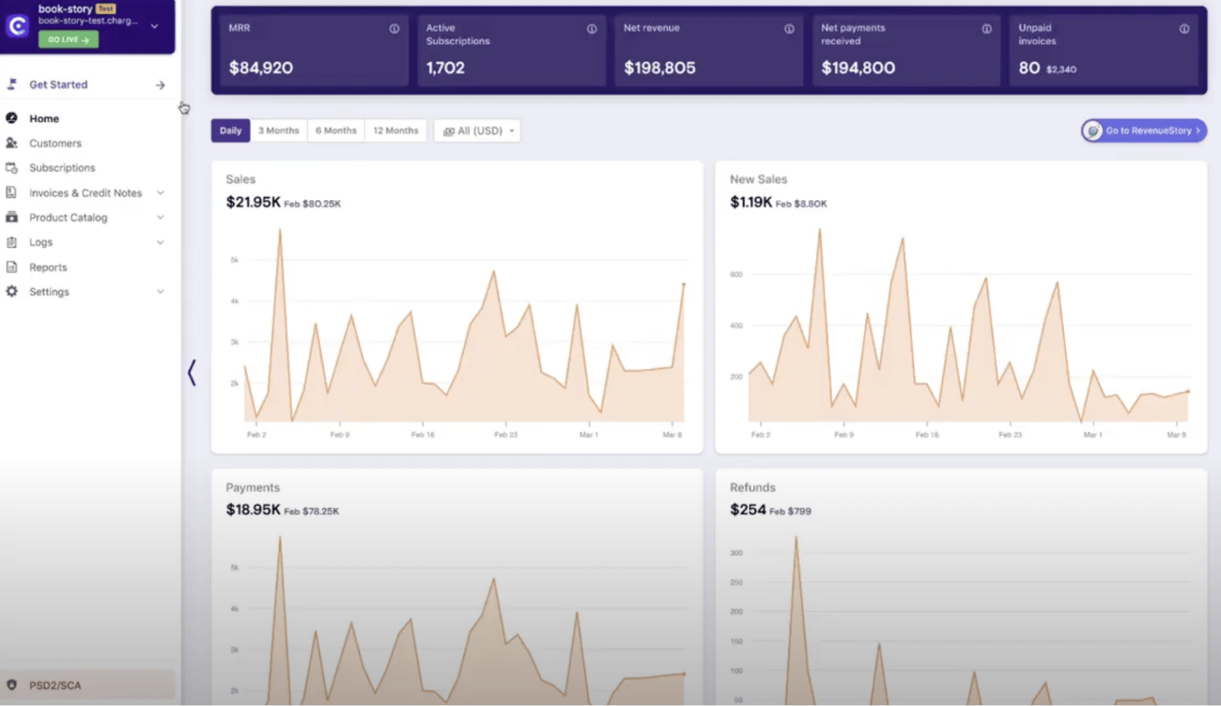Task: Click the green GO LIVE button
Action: click(x=68, y=39)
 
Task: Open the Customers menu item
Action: click(x=55, y=143)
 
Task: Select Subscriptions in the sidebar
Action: click(x=62, y=168)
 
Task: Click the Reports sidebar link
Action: click(x=48, y=267)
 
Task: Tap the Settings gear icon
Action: click(x=11, y=291)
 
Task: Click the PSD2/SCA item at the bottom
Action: click(x=55, y=685)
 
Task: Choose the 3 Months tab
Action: click(x=278, y=130)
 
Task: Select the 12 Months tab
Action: click(x=395, y=130)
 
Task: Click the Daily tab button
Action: click(x=230, y=130)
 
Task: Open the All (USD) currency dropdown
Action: click(x=477, y=130)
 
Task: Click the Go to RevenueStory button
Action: click(x=1144, y=130)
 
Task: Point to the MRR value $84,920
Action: click(x=261, y=67)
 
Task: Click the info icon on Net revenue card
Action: click(x=789, y=29)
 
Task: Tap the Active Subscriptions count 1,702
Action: click(x=445, y=67)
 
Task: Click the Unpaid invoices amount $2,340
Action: click(x=1061, y=69)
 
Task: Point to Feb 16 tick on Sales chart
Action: click(x=422, y=435)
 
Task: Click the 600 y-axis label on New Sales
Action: click(x=736, y=275)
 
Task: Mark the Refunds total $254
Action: click(x=748, y=510)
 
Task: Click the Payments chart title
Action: click(x=252, y=487)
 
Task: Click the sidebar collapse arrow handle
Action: click(x=191, y=372)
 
